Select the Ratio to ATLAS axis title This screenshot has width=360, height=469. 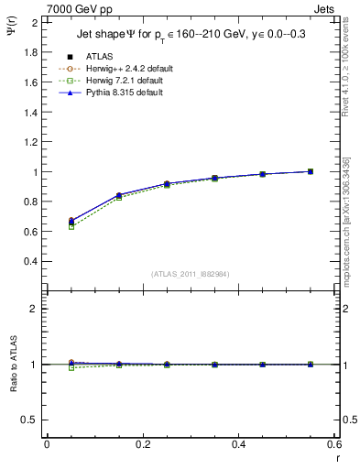coord(12,364)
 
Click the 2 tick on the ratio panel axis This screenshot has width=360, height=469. coord(34,309)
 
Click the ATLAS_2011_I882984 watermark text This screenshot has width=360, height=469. coord(191,274)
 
